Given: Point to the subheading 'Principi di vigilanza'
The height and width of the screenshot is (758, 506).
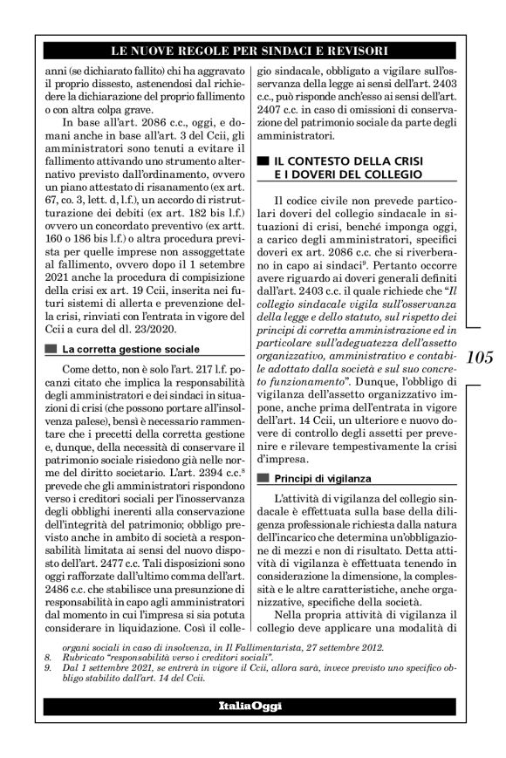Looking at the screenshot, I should pos(323,478).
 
